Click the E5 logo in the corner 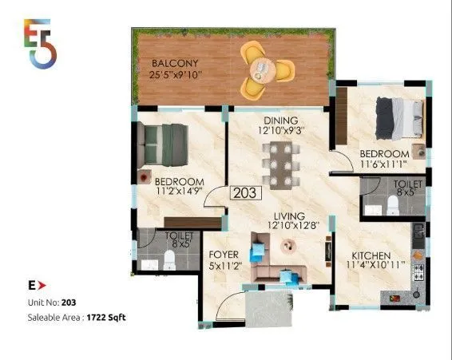41,42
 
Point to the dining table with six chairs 280,164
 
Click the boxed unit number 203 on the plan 244,192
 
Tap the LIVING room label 289,216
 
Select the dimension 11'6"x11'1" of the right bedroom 384,164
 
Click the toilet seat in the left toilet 169,260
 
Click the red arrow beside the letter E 42,284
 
